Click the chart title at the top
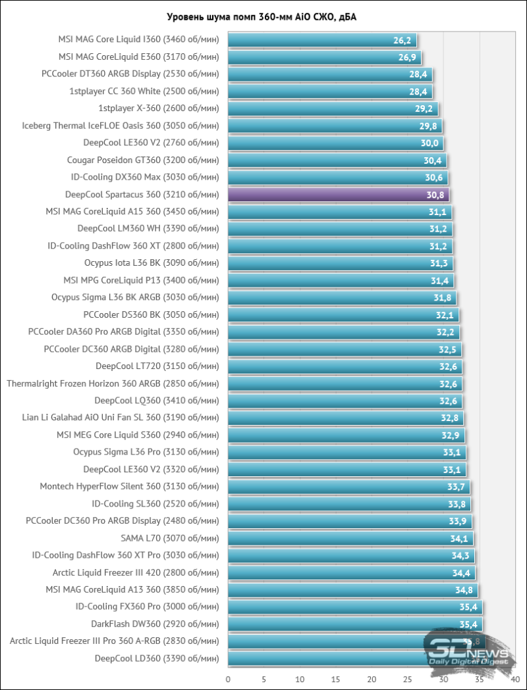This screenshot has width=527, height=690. (x=263, y=16)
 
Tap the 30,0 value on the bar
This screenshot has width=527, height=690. (x=430, y=143)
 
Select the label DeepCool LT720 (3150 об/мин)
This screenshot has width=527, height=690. (x=157, y=366)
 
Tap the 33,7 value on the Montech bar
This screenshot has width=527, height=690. (x=456, y=487)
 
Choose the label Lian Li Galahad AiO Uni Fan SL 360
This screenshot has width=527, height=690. (x=120, y=417)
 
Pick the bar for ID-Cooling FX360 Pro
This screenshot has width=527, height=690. (x=355, y=606)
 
